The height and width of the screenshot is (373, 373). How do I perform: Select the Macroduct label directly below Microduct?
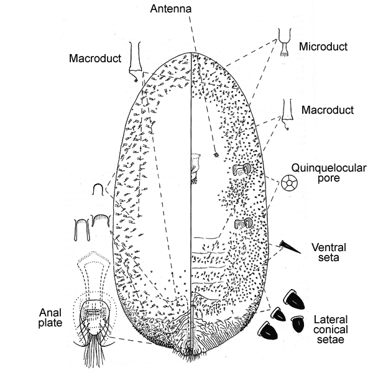pyautogui.click(x=327, y=109)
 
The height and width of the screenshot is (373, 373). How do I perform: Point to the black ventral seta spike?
pyautogui.click(x=289, y=247)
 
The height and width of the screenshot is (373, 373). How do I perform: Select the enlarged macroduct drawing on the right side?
pyautogui.click(x=287, y=113)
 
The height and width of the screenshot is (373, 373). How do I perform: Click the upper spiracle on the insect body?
pyautogui.click(x=242, y=168)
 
